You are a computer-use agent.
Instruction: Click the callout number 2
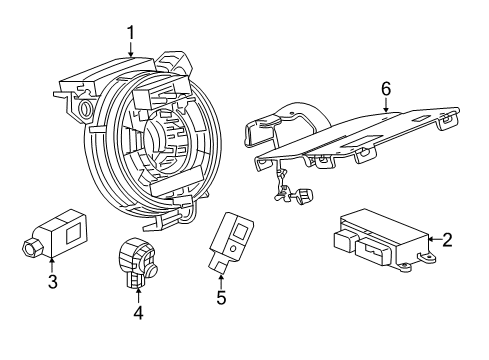click(x=447, y=239)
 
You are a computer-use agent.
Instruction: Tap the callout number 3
click(x=52, y=282)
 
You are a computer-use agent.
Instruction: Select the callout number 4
click(x=139, y=312)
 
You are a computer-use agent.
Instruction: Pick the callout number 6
click(x=384, y=89)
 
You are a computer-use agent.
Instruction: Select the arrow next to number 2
click(x=431, y=239)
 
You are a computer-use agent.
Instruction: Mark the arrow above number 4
click(x=139, y=294)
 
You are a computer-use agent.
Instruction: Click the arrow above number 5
click(x=221, y=278)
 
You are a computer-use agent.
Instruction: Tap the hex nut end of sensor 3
click(x=29, y=245)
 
